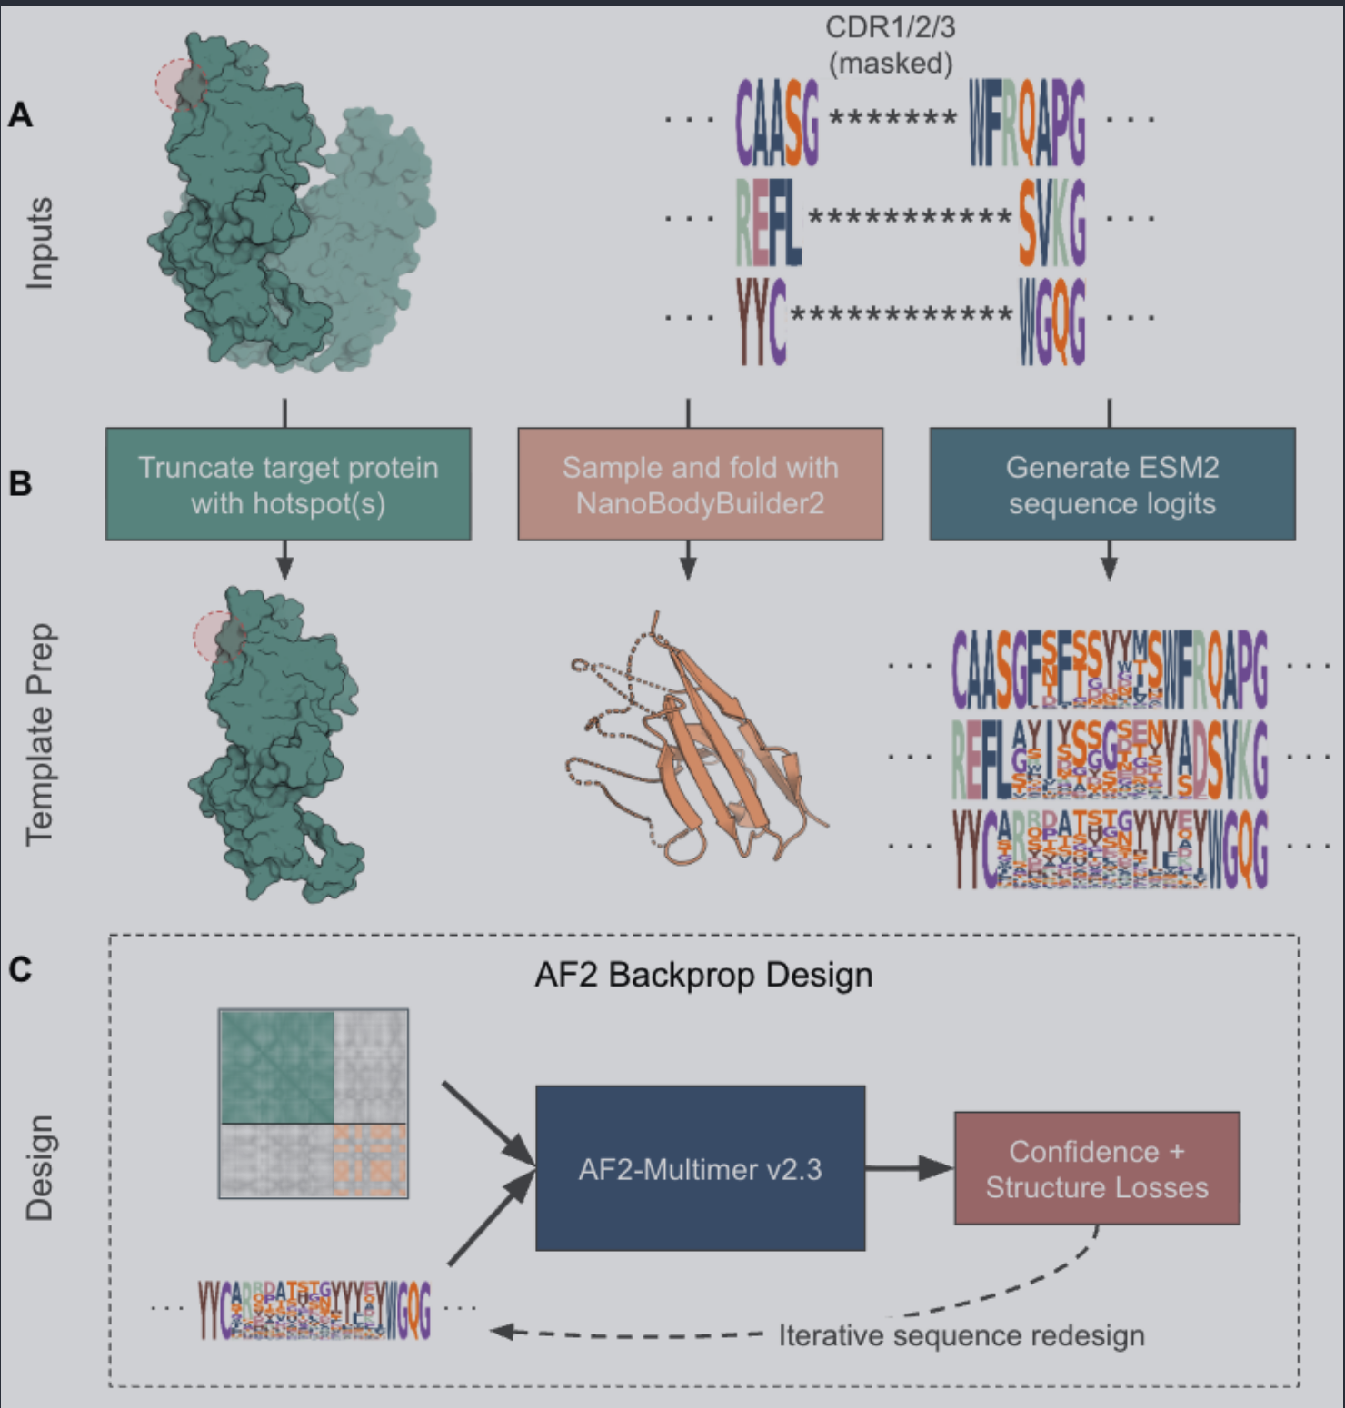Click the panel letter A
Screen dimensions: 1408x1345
click(x=20, y=115)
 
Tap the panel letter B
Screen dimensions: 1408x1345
click(x=20, y=483)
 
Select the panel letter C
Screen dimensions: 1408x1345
click(x=20, y=969)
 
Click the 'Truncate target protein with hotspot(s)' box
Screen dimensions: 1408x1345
click(x=288, y=484)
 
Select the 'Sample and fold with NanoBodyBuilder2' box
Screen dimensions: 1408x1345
click(x=700, y=484)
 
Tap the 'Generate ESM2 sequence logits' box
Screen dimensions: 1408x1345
click(x=1112, y=484)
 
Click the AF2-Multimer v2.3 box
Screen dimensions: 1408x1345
click(x=700, y=1168)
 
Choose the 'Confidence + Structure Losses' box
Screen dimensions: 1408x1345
click(x=1097, y=1168)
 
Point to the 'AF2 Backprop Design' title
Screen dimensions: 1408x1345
click(x=703, y=975)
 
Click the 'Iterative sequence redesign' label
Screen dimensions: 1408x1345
click(x=961, y=1335)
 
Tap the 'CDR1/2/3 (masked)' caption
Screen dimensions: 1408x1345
click(x=891, y=45)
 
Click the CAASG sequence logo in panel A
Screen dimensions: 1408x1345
click(x=777, y=123)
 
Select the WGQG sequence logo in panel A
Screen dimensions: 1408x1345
click(x=1051, y=321)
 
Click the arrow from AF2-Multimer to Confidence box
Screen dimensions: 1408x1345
click(x=908, y=1168)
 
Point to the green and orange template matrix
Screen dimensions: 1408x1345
click(x=314, y=1104)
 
